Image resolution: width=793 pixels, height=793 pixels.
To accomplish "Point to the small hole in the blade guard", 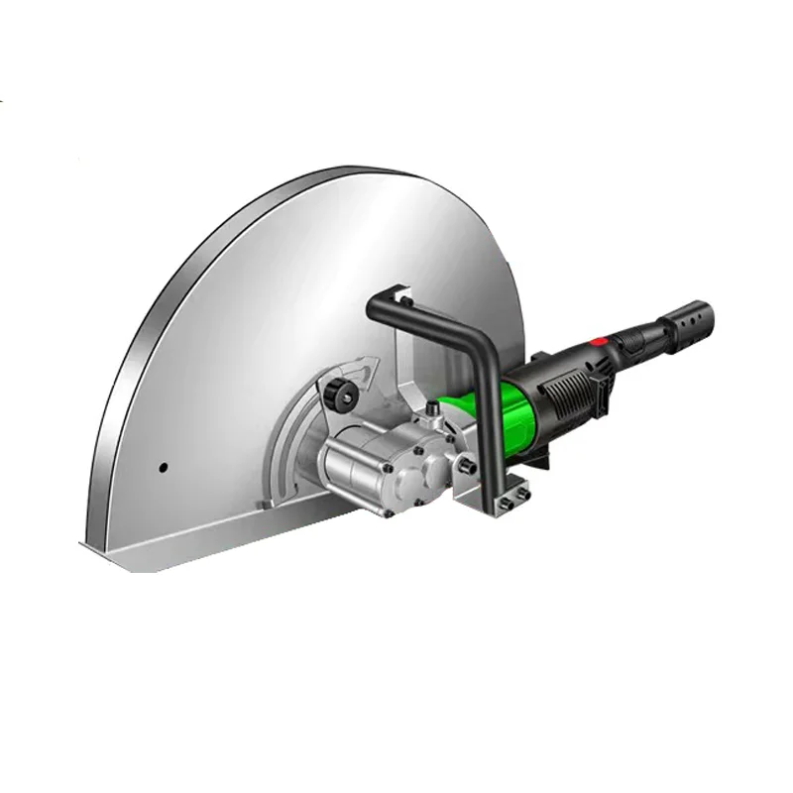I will point(164,467).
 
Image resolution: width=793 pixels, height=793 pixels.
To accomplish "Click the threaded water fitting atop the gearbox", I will point(433,409).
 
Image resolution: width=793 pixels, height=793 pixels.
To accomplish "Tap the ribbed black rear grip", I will point(644,337).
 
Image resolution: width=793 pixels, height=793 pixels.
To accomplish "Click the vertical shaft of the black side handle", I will point(490,426).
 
